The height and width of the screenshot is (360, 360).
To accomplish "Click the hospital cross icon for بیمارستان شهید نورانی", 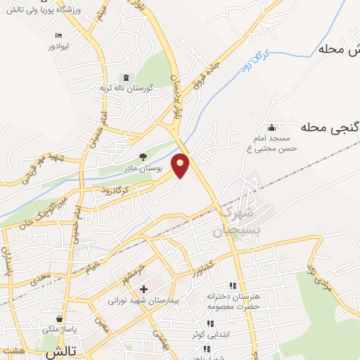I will click(143, 288).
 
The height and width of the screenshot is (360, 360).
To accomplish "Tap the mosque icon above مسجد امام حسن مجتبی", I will click(272, 127).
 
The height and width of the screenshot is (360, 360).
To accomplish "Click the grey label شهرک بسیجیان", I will click(236, 220).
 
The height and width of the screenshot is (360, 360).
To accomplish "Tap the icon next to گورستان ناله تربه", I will click(127, 77).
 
